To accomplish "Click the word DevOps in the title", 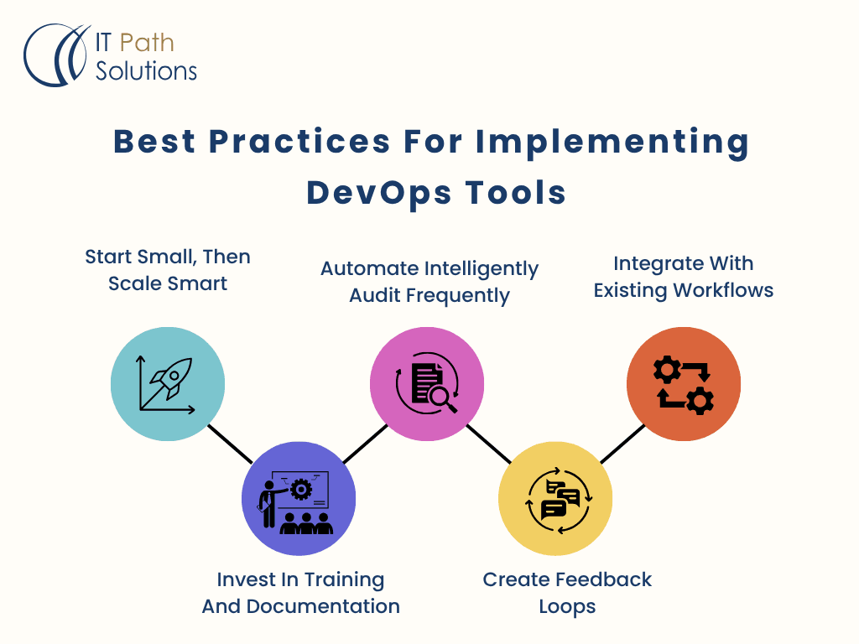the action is click(x=379, y=194).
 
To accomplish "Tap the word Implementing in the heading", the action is click(x=612, y=143).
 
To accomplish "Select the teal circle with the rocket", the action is click(x=168, y=384).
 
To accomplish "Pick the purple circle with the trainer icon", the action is click(x=299, y=498).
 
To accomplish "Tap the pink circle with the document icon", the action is click(x=427, y=384).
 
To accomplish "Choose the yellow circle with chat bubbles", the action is click(x=555, y=498).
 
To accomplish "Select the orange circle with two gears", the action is click(x=684, y=384).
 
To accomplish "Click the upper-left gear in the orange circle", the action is click(x=667, y=370).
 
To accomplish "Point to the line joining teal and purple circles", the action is click(x=230, y=444).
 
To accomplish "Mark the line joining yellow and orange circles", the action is click(x=623, y=444).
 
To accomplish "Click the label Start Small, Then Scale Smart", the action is click(x=168, y=270).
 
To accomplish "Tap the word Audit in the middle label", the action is click(x=375, y=295).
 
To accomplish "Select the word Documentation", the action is click(x=323, y=607).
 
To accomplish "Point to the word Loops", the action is click(x=567, y=607).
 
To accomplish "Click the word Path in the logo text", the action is click(x=147, y=44).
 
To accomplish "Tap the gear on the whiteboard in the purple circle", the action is click(x=301, y=490).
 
